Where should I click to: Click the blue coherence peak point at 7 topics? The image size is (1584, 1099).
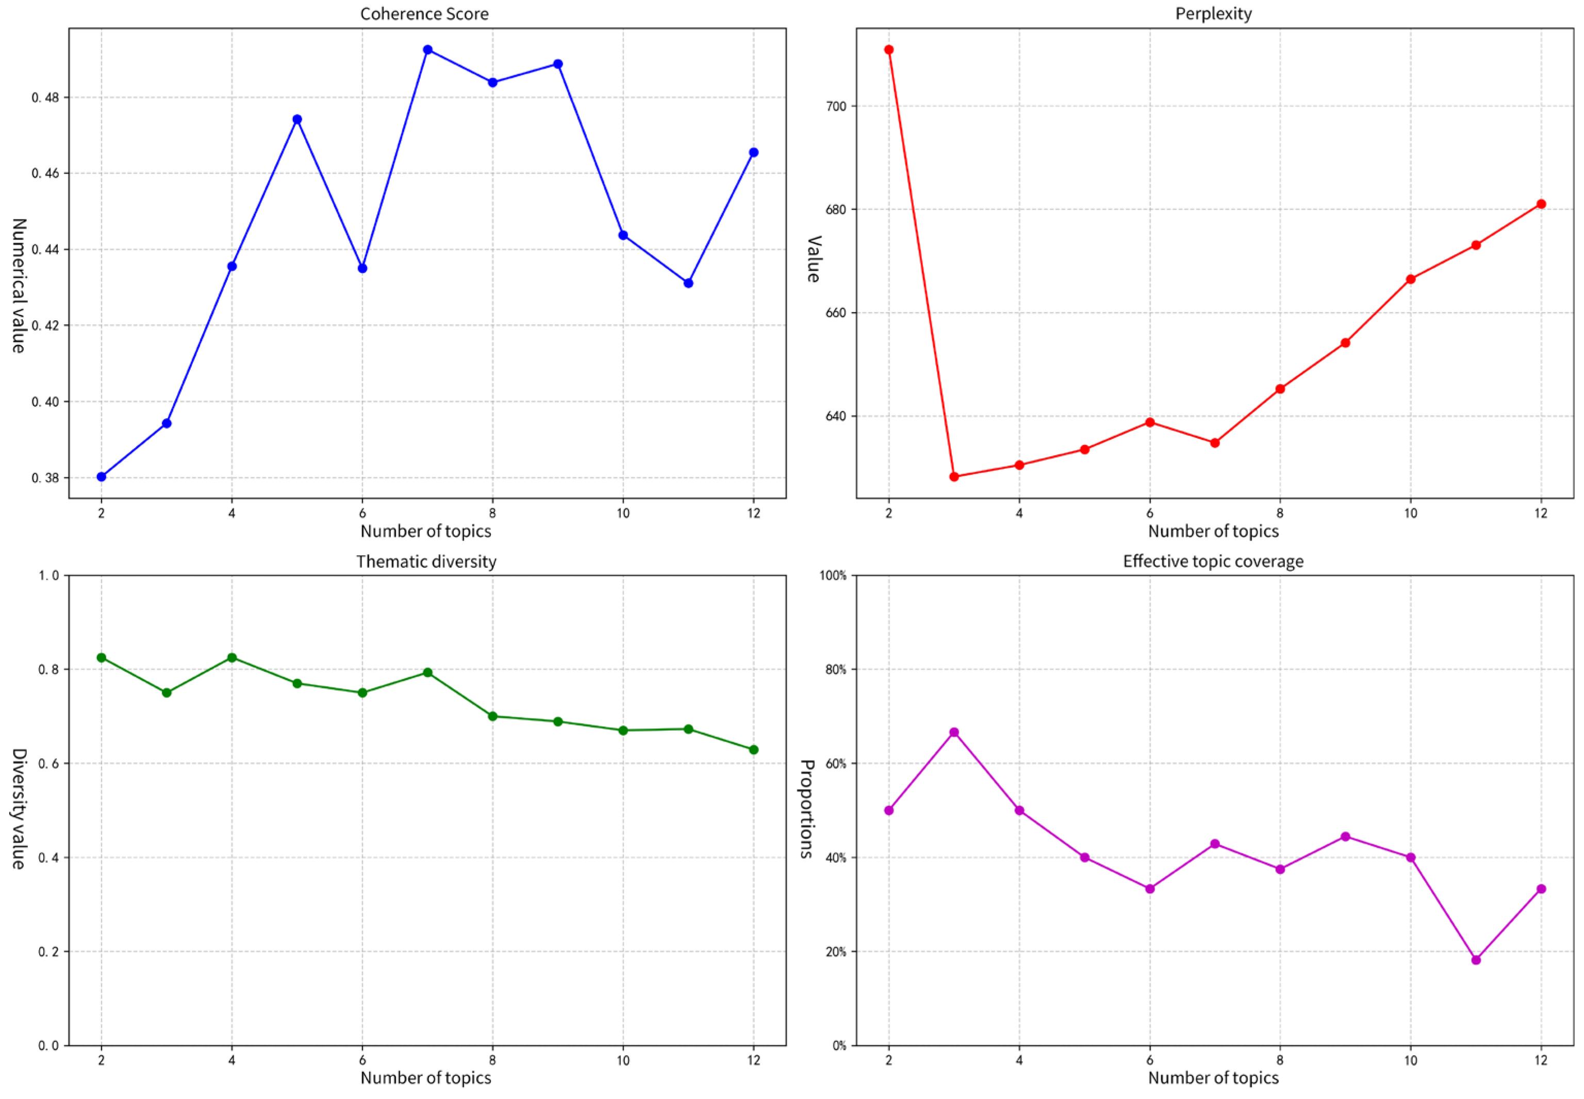[x=427, y=50]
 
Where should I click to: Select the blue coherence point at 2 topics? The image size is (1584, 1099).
[x=101, y=477]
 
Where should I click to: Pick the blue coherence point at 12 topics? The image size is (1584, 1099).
[x=753, y=152]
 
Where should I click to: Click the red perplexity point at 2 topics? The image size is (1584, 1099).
[x=889, y=50]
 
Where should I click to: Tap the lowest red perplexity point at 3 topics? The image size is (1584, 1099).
[x=954, y=477]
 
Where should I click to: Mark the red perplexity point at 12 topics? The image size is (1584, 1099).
[x=1541, y=204]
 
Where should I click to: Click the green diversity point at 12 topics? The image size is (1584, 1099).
[x=753, y=749]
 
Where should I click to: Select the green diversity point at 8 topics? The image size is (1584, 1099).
[x=492, y=716]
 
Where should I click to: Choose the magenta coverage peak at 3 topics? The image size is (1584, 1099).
[x=954, y=732]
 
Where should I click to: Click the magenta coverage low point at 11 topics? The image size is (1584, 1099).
[x=1476, y=960]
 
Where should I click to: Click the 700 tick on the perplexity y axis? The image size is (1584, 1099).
[x=836, y=106]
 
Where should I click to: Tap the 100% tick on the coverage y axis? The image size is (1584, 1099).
[x=832, y=576]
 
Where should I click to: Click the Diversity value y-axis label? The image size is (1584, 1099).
[x=19, y=809]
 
